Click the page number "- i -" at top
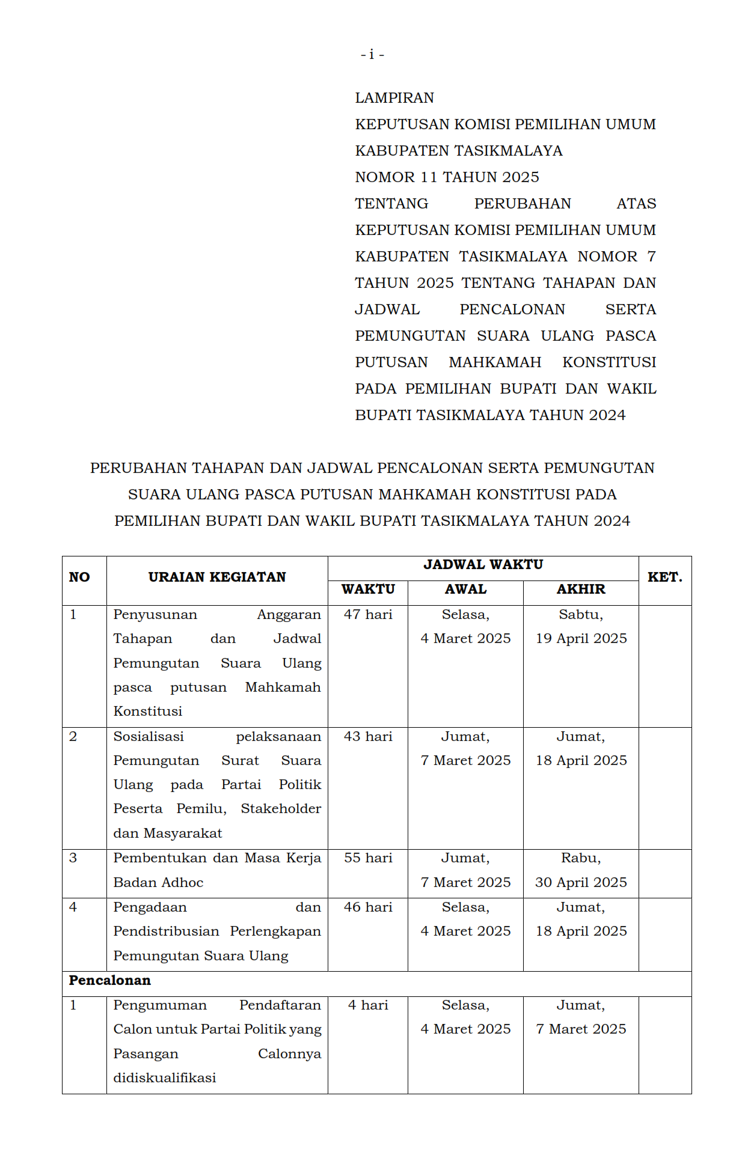pyautogui.click(x=372, y=55)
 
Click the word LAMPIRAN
pyautogui.click(x=394, y=98)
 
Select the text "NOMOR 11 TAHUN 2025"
pyautogui.click(x=447, y=177)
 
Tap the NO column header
pyautogui.click(x=79, y=577)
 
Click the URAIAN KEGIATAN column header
pyautogui.click(x=217, y=577)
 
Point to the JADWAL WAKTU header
pyautogui.click(x=483, y=565)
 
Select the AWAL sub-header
pyautogui.click(x=465, y=590)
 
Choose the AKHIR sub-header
pyautogui.click(x=581, y=590)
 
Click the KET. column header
pyautogui.click(x=664, y=577)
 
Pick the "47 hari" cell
pyautogui.click(x=368, y=615)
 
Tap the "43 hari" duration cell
pyautogui.click(x=368, y=737)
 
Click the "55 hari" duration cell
pyautogui.click(x=368, y=858)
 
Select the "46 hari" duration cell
pyautogui.click(x=368, y=907)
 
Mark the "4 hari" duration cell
pyautogui.click(x=368, y=1005)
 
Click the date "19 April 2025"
pyautogui.click(x=581, y=639)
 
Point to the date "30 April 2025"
pyautogui.click(x=581, y=883)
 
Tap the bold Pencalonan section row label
pyautogui.click(x=110, y=981)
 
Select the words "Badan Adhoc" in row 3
pyautogui.click(x=158, y=883)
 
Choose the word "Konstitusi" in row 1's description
pyautogui.click(x=148, y=711)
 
